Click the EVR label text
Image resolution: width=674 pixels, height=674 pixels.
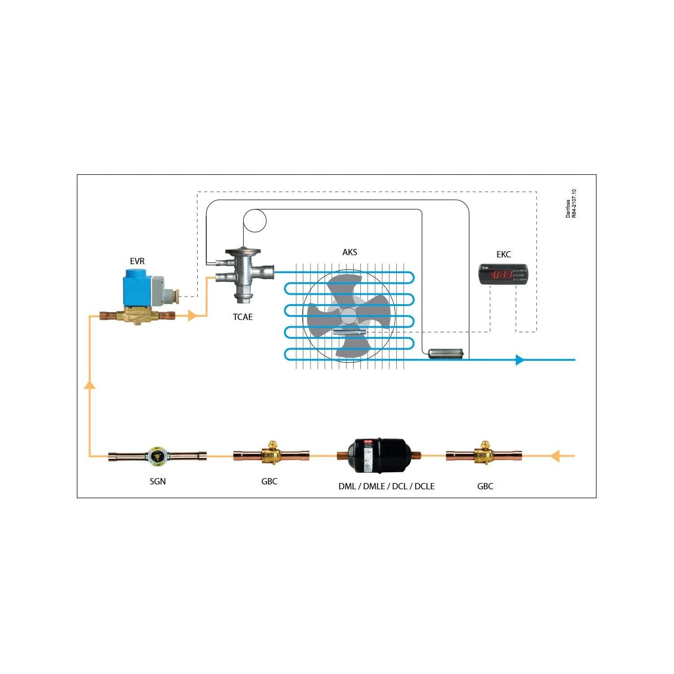tap(137, 261)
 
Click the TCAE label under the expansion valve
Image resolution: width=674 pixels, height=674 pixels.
tap(243, 317)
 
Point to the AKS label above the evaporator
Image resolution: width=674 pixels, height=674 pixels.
tap(350, 252)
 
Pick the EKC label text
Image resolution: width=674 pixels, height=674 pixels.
tap(503, 254)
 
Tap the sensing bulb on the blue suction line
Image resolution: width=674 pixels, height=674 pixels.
tap(445, 354)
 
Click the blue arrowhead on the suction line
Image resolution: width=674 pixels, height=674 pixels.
tap(520, 359)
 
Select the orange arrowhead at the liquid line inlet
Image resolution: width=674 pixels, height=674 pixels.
tap(556, 456)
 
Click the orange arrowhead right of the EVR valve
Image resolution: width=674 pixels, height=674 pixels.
tap(192, 316)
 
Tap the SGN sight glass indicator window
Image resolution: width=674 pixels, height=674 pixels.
tap(157, 456)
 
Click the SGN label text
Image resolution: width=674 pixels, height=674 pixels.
tap(157, 481)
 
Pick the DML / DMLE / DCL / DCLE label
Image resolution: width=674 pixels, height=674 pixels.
tap(386, 486)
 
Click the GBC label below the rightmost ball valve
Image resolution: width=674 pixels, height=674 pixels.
tap(485, 486)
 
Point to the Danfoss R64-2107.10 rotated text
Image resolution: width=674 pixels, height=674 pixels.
tap(571, 204)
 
